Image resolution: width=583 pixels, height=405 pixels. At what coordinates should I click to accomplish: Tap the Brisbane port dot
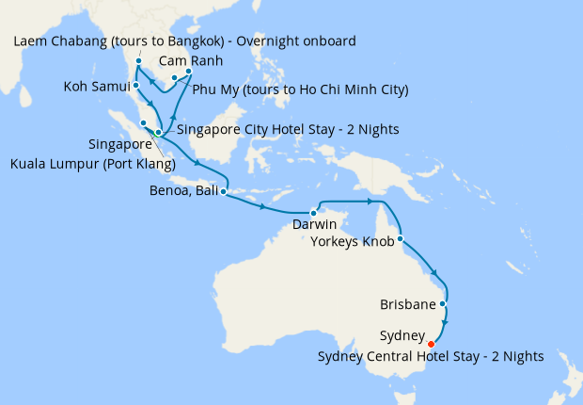point(442,304)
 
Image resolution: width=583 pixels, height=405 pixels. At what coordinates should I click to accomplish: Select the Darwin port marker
point(313,212)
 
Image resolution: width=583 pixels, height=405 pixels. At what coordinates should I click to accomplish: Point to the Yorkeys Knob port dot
point(402,239)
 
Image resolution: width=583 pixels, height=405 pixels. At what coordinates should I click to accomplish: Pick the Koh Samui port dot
point(136,85)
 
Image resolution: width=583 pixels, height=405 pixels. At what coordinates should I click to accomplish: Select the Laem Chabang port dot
point(138,62)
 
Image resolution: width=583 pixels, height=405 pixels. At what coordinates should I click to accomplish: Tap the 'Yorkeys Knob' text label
point(353,241)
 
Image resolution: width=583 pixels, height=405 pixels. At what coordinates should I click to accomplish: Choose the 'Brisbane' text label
point(408,305)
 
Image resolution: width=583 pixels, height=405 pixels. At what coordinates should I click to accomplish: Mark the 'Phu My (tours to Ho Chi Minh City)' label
point(300,90)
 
